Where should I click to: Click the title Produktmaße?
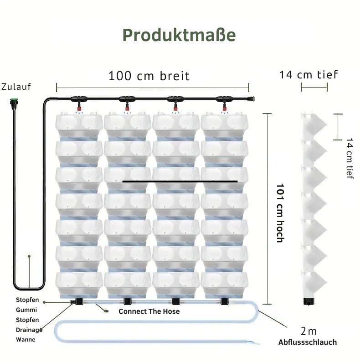[x=179, y=35]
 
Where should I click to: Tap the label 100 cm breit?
[x=149, y=76]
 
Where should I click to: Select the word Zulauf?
[x=16, y=87]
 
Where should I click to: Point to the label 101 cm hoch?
[x=280, y=213]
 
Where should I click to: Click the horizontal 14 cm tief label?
[x=309, y=74]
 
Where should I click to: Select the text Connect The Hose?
[x=149, y=311]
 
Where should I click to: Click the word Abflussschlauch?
[x=308, y=342]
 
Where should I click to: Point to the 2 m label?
[x=309, y=331]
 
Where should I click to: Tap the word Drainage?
[x=29, y=330]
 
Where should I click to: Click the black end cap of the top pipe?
[x=249, y=99]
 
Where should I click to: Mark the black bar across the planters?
[x=180, y=181]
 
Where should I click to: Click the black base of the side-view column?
[x=309, y=301]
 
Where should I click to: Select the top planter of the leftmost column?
[x=79, y=124]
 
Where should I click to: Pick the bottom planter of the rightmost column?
[x=224, y=283]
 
